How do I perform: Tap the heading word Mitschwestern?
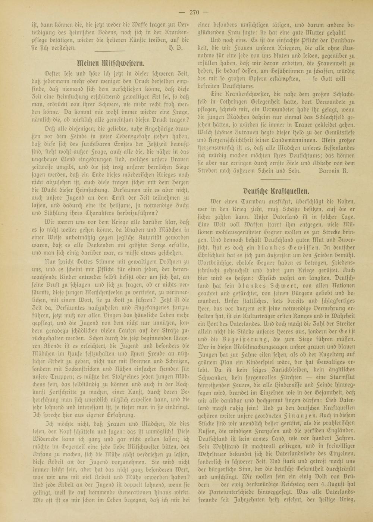point(121,62)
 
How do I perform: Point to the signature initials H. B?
point(175,47)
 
